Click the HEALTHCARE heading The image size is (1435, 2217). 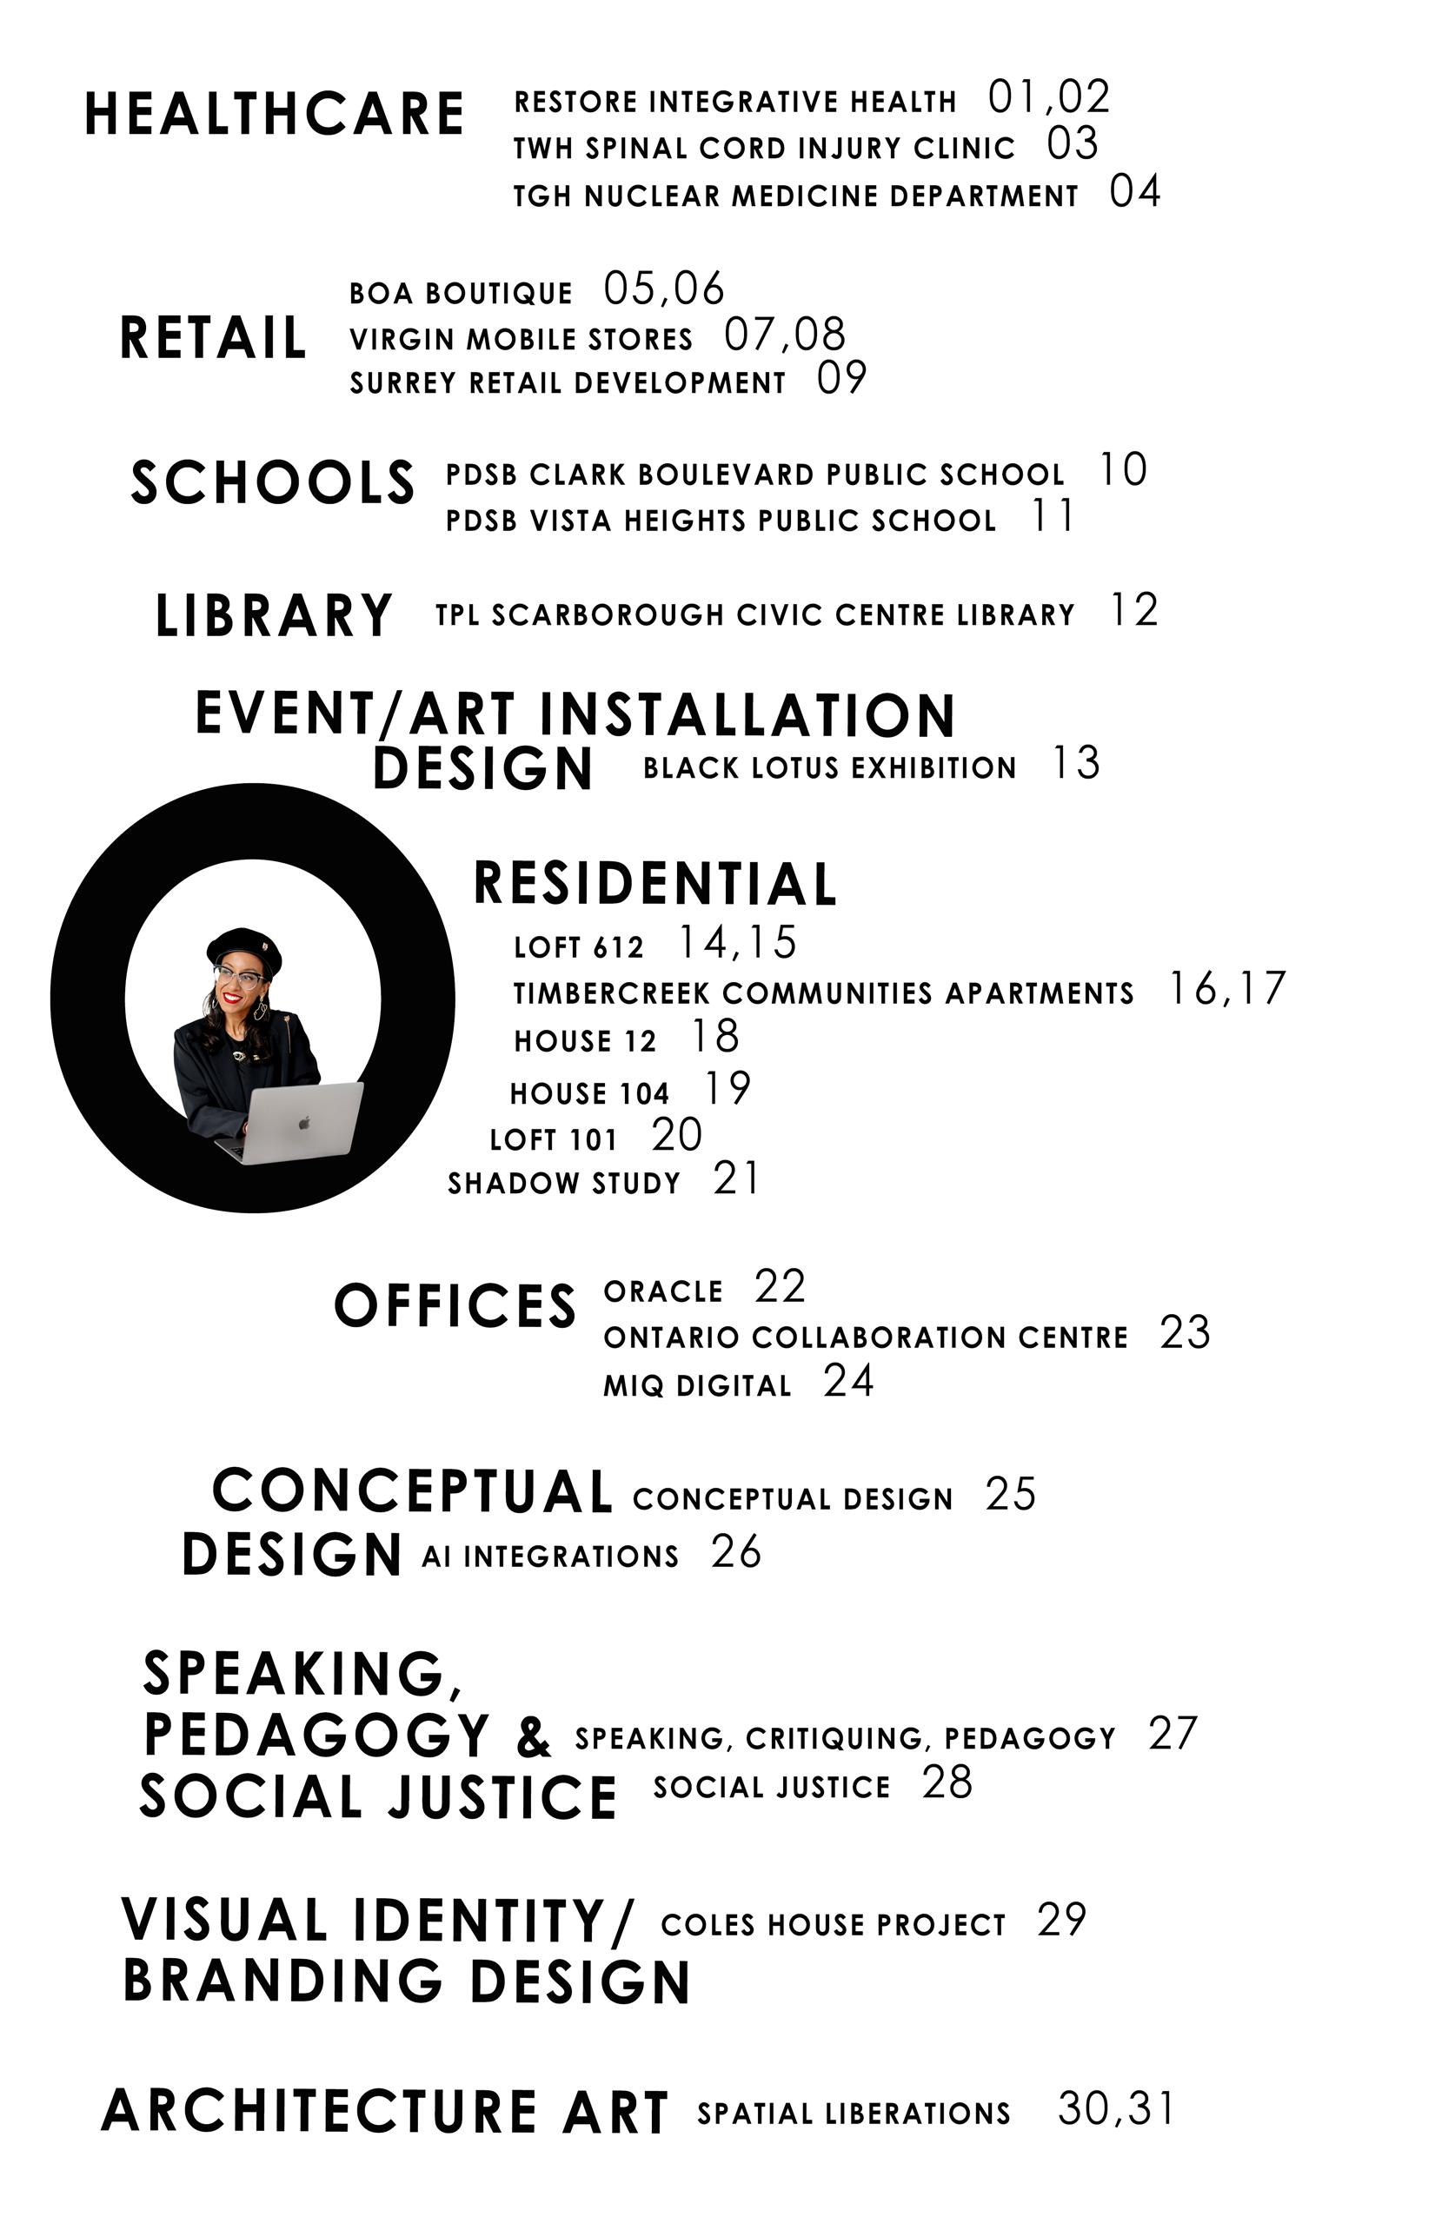(x=274, y=115)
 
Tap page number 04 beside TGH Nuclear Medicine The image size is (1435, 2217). (x=1135, y=192)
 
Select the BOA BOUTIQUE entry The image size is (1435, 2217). (x=461, y=295)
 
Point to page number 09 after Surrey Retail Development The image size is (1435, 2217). (x=841, y=378)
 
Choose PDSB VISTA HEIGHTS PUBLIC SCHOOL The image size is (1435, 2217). (x=721, y=521)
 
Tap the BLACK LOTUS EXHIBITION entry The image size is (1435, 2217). (x=829, y=768)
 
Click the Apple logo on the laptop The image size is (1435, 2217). (x=303, y=1124)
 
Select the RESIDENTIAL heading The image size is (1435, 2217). (x=655, y=884)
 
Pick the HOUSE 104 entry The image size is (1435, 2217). (x=589, y=1093)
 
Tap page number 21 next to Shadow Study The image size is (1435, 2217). (x=736, y=1179)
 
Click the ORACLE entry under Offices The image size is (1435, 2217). (x=662, y=1292)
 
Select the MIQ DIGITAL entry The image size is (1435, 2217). (x=697, y=1386)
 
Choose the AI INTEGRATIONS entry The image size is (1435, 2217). (x=550, y=1557)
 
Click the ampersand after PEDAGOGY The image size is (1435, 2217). (x=533, y=1738)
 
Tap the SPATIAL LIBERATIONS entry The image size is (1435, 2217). (x=854, y=2114)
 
